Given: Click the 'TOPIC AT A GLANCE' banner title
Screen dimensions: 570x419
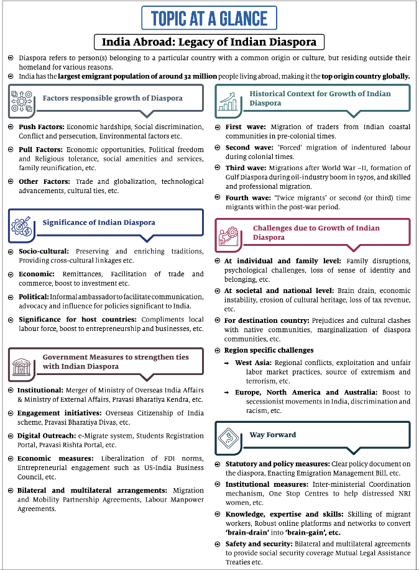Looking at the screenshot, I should (209, 19).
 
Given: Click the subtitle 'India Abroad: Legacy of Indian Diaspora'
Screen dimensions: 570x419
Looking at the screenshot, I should (209, 42).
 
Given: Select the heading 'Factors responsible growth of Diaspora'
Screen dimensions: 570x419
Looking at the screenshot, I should (113, 98).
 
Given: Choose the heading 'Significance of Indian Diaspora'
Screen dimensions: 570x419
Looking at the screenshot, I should (99, 222).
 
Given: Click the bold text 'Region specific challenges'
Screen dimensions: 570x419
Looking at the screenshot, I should (269, 350).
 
